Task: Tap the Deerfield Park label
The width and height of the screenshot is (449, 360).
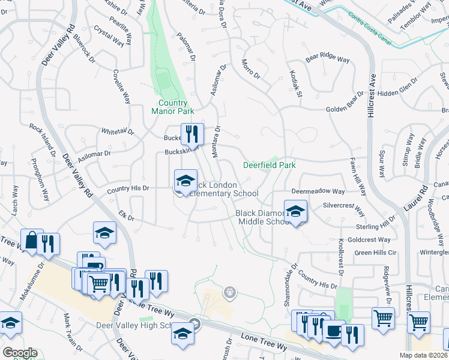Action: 269,165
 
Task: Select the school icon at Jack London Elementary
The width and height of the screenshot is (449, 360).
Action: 185,181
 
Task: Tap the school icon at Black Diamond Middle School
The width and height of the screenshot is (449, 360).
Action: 295,212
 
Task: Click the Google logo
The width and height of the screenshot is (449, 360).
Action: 19,353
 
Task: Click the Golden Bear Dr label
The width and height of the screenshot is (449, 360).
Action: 345,110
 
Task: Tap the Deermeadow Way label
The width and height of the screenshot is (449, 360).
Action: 318,191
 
